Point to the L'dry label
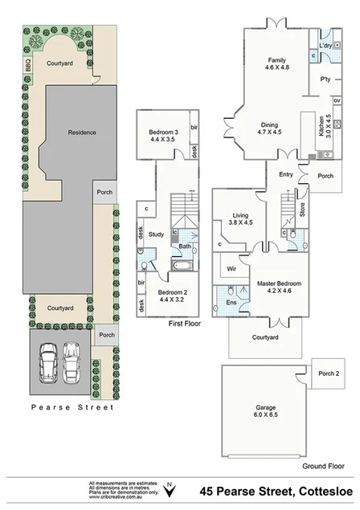(x=325, y=46)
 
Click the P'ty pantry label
(x=326, y=79)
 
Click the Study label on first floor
(x=157, y=234)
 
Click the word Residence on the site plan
(x=82, y=133)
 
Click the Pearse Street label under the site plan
(x=72, y=407)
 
